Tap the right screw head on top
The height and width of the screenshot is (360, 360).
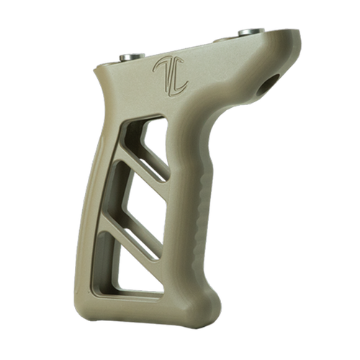[251, 32]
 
